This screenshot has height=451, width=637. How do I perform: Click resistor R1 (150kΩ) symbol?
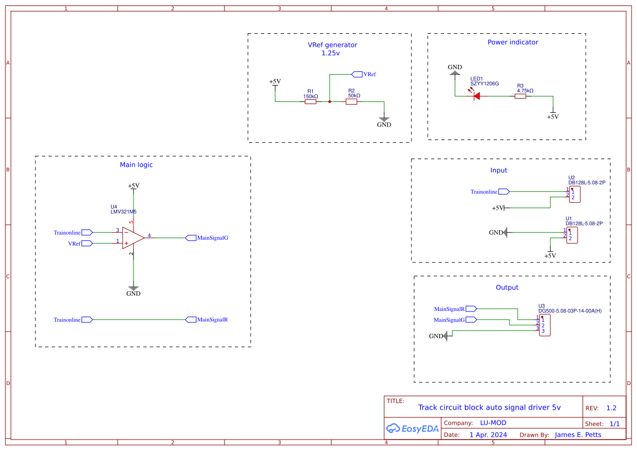tap(311, 101)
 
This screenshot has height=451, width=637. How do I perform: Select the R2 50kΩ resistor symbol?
tap(351, 101)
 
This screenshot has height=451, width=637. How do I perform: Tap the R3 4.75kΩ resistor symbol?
tap(520, 96)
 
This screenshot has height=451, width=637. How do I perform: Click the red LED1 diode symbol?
tap(476, 96)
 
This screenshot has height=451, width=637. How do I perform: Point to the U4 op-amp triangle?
tap(133, 237)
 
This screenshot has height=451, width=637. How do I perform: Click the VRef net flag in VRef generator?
tap(357, 74)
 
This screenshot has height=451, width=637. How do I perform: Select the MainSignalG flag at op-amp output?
tap(191, 237)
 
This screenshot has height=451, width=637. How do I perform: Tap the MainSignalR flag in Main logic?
tap(191, 320)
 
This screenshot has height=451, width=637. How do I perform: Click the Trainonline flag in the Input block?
tap(503, 192)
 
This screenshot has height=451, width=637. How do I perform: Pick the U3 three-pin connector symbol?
tap(544, 325)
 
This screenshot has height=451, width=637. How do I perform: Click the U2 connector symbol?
tap(574, 194)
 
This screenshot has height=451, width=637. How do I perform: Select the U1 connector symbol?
tap(572, 235)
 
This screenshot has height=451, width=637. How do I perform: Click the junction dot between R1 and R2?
tap(330, 101)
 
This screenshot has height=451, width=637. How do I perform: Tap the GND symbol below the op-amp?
tap(133, 289)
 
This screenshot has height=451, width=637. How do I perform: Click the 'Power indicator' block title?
tap(513, 42)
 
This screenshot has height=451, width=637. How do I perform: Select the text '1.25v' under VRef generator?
tap(331, 53)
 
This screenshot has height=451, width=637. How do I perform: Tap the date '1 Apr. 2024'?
tap(488, 435)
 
